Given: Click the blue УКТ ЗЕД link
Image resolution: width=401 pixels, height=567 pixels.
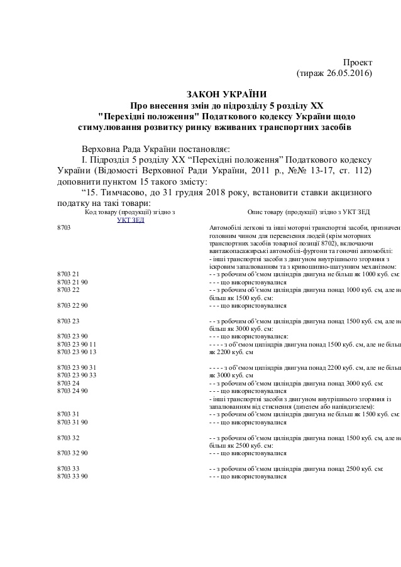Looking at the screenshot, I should [x=131, y=220].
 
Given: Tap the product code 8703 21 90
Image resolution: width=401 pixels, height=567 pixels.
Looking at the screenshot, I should [x=72, y=282].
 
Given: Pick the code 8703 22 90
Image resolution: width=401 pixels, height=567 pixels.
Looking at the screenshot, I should [x=72, y=305].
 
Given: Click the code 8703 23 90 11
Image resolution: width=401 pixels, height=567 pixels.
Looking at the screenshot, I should [x=75, y=344].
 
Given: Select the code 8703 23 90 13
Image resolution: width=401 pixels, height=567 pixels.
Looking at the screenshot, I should [x=75, y=352].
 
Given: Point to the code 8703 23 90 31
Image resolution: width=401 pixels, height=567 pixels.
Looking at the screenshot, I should [x=75, y=367].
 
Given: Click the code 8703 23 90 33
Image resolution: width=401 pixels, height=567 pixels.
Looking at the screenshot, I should [x=75, y=375].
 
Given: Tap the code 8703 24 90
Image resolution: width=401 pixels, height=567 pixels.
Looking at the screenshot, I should [x=72, y=390].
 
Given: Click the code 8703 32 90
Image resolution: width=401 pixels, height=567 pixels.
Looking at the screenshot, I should [x=72, y=452].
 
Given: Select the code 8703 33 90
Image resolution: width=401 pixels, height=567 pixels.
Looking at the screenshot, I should [x=72, y=476].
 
